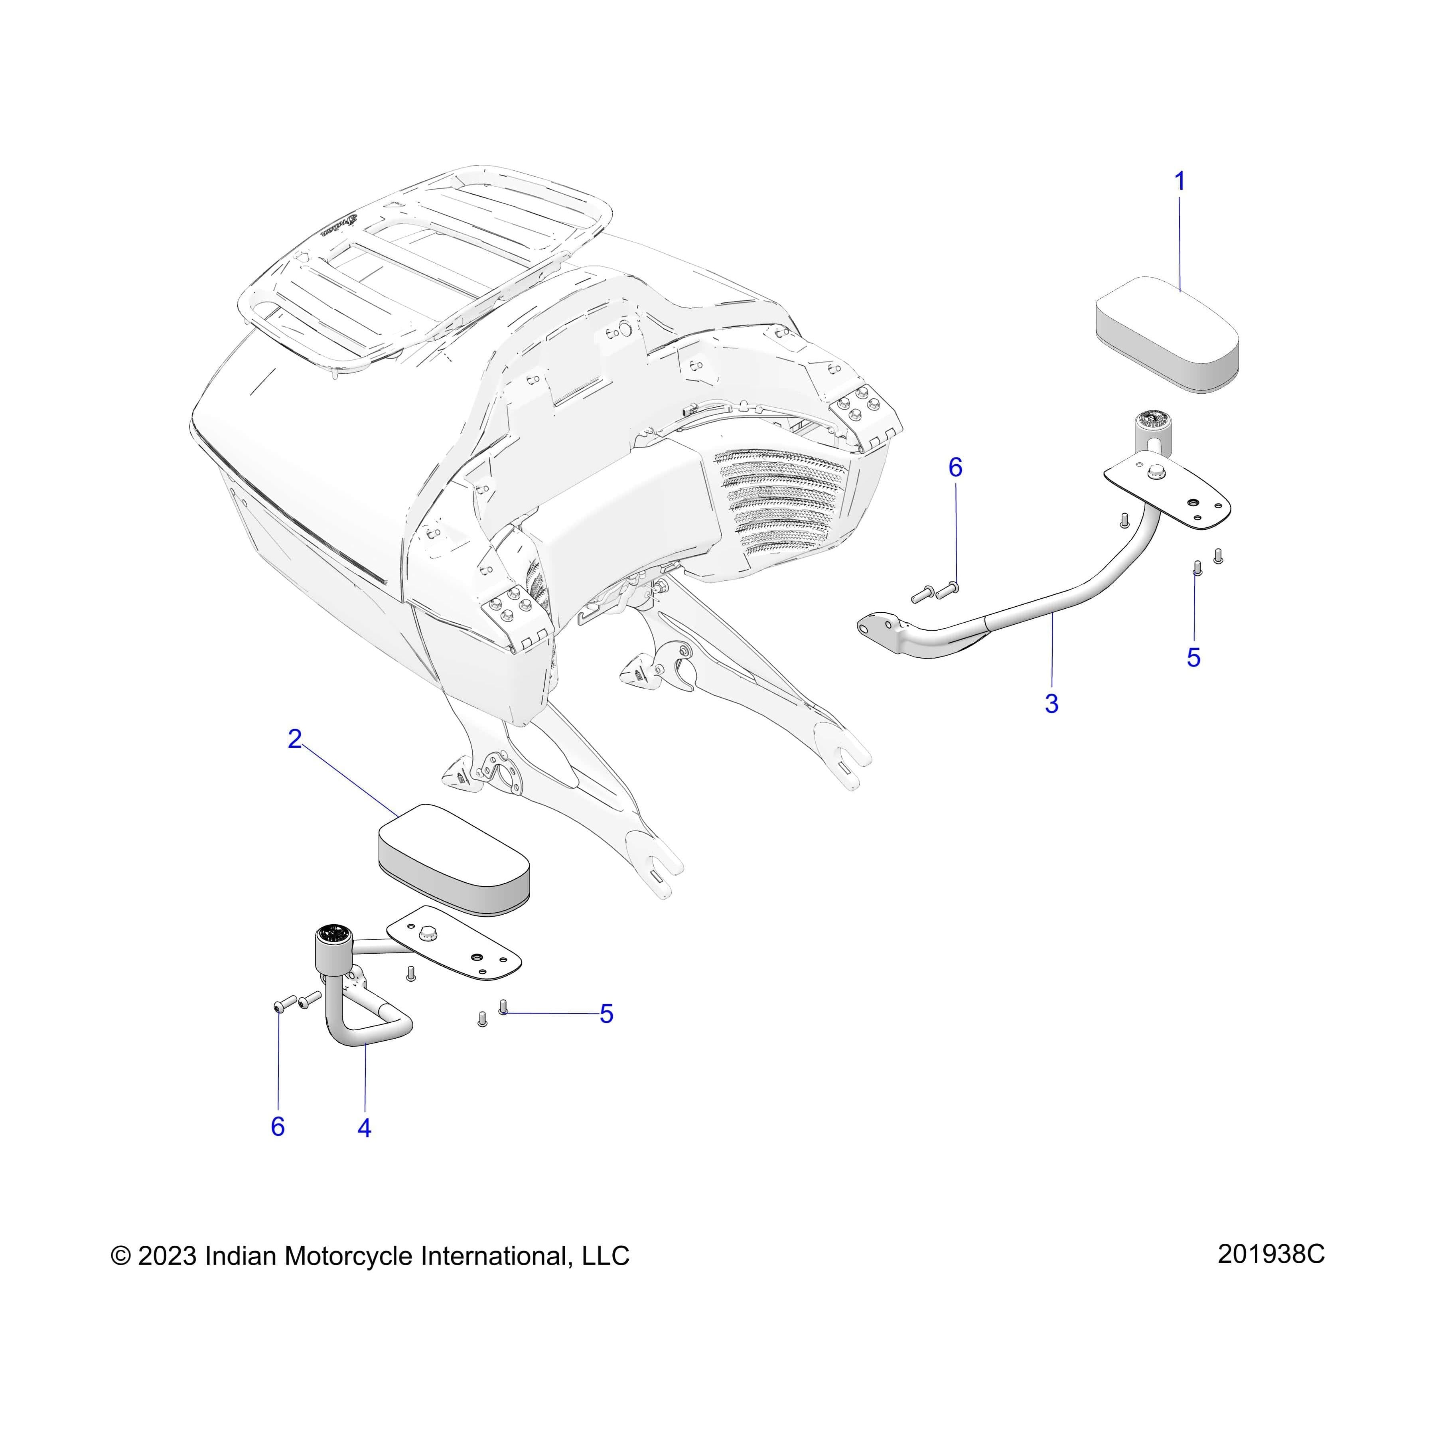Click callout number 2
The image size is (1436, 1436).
[295, 739]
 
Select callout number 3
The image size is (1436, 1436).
[1051, 703]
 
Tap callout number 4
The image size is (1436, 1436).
[364, 1128]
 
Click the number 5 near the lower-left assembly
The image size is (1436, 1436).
[606, 1014]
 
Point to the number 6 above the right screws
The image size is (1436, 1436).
[955, 467]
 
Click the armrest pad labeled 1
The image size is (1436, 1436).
[1167, 335]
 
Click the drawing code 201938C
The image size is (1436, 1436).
[1271, 1254]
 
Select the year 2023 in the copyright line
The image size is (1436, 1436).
[167, 1256]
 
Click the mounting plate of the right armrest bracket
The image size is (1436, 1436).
[1167, 494]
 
